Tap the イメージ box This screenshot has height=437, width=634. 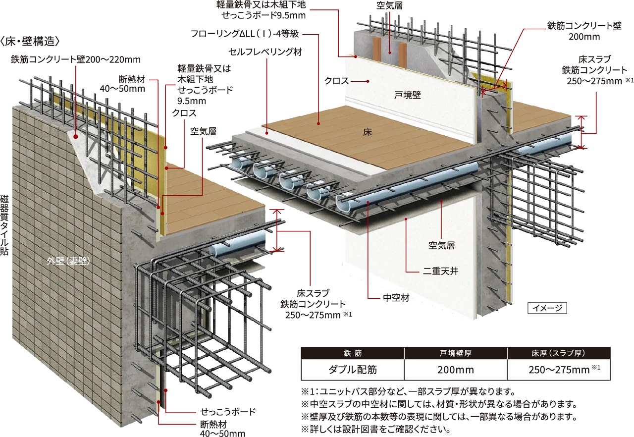[547, 308]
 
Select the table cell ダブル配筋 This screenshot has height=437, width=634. [352, 370]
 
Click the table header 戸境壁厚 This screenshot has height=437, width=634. [456, 353]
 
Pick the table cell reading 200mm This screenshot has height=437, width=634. [456, 370]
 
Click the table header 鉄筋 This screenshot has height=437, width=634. [352, 353]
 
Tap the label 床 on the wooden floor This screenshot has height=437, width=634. [367, 132]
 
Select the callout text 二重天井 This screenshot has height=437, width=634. [439, 271]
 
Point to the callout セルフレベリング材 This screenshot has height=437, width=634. [265, 52]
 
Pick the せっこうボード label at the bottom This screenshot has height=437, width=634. [228, 412]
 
